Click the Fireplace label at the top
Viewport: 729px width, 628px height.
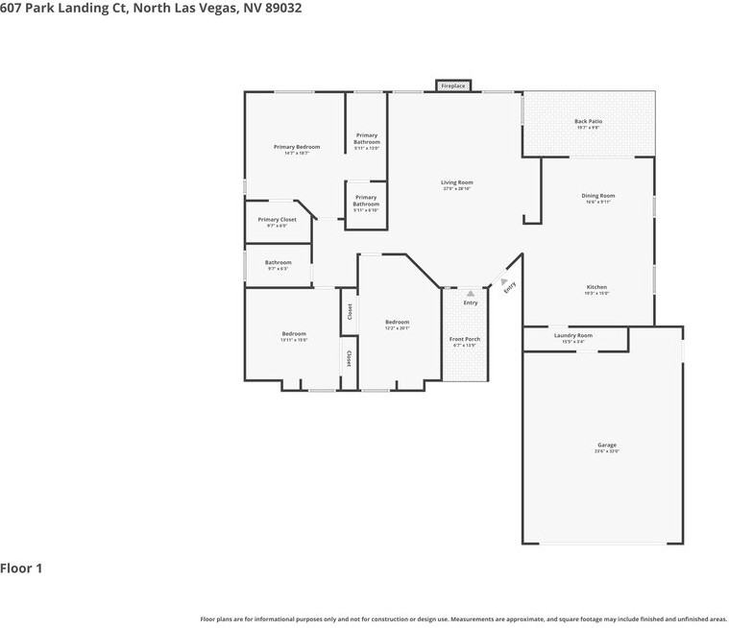pyautogui.click(x=453, y=86)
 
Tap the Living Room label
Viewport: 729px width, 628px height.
pyautogui.click(x=457, y=182)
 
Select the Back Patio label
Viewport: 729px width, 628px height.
pyautogui.click(x=588, y=122)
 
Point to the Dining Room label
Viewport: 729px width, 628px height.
pyautogui.click(x=598, y=196)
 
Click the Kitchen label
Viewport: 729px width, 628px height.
pyautogui.click(x=597, y=287)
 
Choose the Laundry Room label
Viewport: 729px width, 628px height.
pyautogui.click(x=573, y=335)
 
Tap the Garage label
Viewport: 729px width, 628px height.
pyautogui.click(x=606, y=445)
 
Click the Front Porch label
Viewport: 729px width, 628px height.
pyautogui.click(x=465, y=339)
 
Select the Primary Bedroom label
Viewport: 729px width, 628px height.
pyautogui.click(x=297, y=147)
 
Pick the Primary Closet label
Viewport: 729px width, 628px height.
pyautogui.click(x=277, y=220)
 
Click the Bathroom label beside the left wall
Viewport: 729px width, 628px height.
pyautogui.click(x=279, y=262)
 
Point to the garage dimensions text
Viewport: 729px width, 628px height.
pyautogui.click(x=606, y=451)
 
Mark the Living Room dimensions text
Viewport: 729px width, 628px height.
pyautogui.click(x=457, y=189)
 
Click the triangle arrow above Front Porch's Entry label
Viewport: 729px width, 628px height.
pyautogui.click(x=471, y=293)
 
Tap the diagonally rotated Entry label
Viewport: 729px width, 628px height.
pyautogui.click(x=510, y=285)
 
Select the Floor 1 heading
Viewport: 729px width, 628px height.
pyautogui.click(x=21, y=568)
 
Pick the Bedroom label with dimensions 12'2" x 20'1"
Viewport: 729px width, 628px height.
pyautogui.click(x=398, y=322)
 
